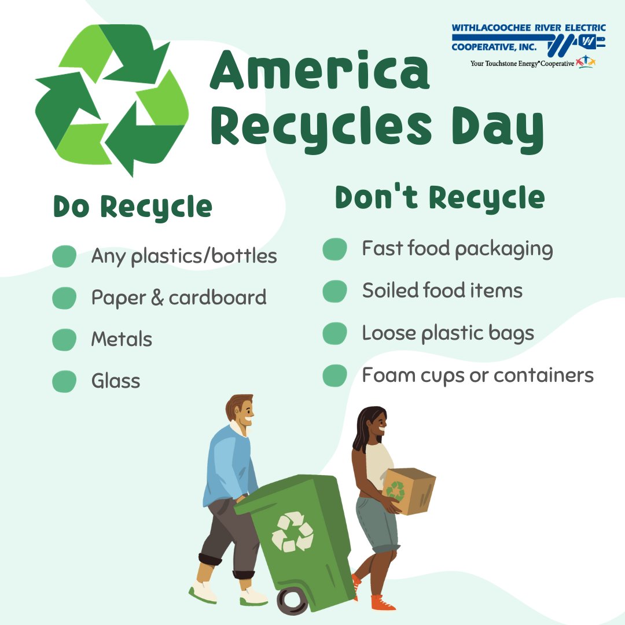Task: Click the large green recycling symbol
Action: [112, 100]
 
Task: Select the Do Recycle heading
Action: [133, 207]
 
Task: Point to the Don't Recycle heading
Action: [440, 198]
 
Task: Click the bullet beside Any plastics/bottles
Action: [64, 256]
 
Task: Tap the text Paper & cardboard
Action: [179, 297]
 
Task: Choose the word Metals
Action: [122, 339]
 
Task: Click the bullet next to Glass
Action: [64, 381]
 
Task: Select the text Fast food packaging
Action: [457, 249]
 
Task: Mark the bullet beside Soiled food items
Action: [334, 291]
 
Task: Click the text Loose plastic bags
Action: [448, 333]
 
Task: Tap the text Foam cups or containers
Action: [477, 375]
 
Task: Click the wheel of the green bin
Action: [292, 601]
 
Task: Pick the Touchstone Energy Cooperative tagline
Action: [522, 64]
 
